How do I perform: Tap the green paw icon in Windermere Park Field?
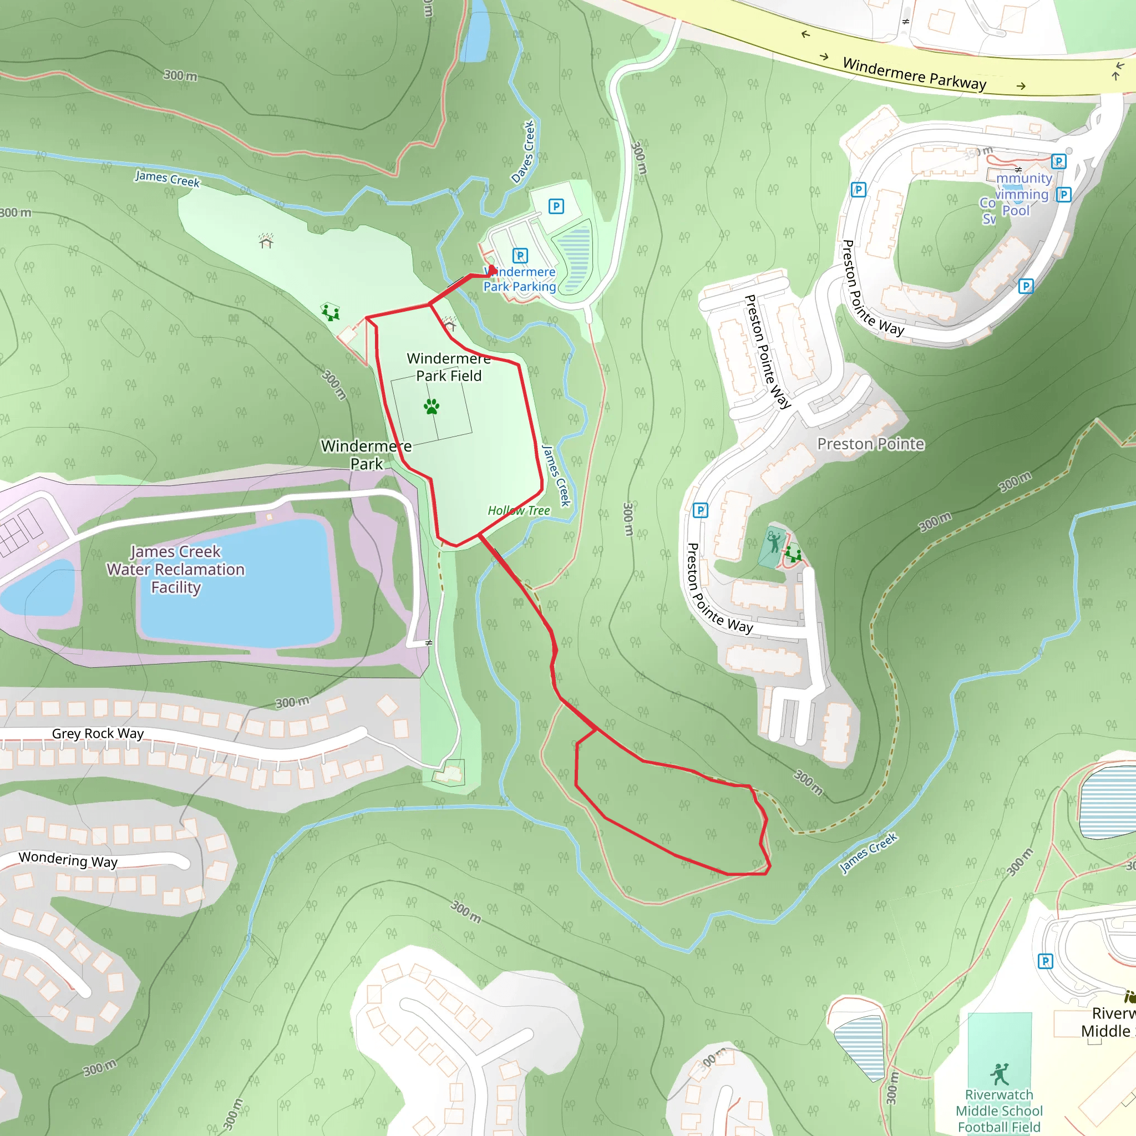tap(432, 406)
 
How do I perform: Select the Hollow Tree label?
tap(519, 510)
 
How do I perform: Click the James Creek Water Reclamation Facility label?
tap(175, 569)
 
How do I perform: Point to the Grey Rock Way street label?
tap(98, 733)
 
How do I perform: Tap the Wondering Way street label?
tap(68, 859)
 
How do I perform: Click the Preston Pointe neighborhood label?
tap(870, 444)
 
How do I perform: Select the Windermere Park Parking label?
tap(520, 280)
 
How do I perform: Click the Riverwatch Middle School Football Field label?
tap(999, 1110)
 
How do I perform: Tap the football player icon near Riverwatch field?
tap(999, 1074)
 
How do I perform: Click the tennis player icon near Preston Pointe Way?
tap(774, 541)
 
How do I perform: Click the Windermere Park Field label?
tap(449, 367)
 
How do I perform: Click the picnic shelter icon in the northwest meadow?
tap(266, 241)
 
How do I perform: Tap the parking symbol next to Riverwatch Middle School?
tap(1045, 961)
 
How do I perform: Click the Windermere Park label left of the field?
tap(366, 454)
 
